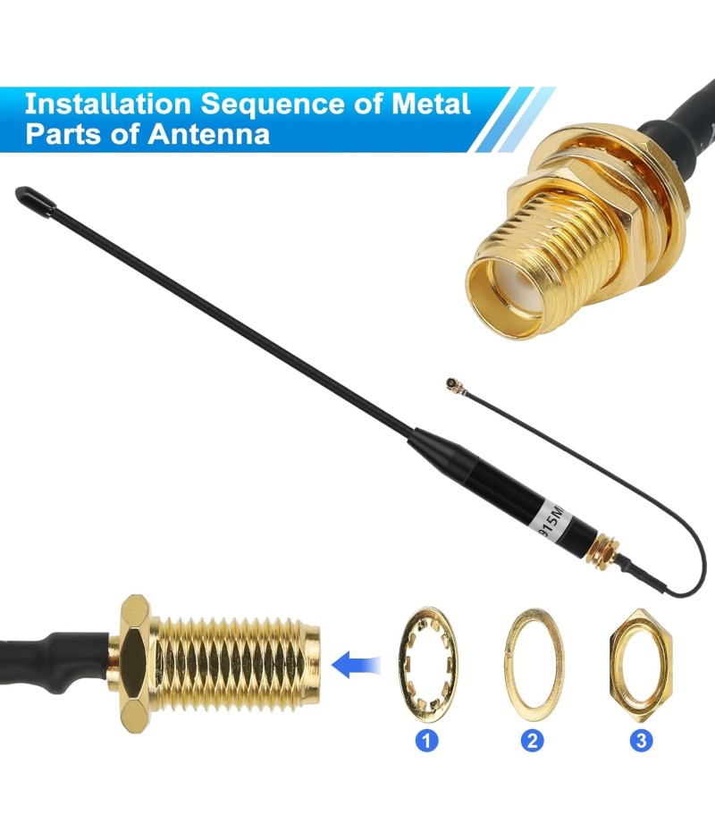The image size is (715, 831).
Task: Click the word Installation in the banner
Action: click(x=107, y=104)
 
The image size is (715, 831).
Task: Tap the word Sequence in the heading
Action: click(x=273, y=105)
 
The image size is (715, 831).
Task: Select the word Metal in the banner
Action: click(x=431, y=104)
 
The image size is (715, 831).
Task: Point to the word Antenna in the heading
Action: click(x=209, y=133)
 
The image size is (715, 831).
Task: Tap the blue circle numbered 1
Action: click(x=426, y=741)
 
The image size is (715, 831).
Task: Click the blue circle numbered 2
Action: click(x=532, y=741)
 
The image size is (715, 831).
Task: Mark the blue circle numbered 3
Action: click(x=641, y=741)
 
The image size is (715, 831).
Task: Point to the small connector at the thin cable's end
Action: click(x=452, y=383)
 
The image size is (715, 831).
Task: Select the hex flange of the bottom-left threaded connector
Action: click(x=133, y=664)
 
